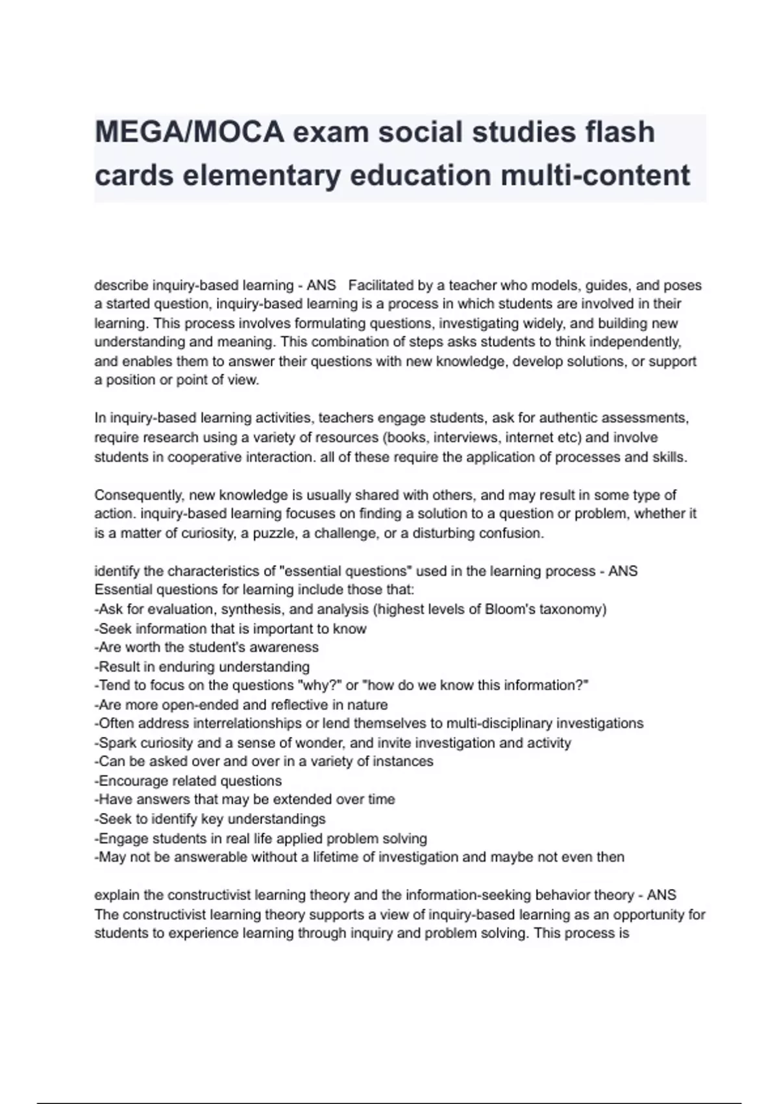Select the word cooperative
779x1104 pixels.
pos(204,457)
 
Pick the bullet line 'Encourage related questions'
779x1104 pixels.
pos(188,781)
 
